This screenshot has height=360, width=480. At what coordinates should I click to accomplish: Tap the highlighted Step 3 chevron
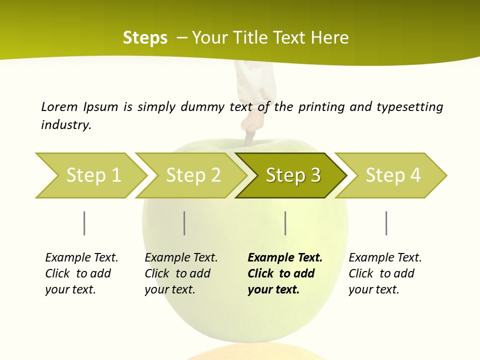(x=292, y=175)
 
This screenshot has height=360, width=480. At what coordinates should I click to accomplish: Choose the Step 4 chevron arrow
(x=392, y=175)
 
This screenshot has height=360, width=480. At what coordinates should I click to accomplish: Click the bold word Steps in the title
(x=145, y=38)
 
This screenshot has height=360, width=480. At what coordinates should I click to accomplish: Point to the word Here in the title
(x=329, y=38)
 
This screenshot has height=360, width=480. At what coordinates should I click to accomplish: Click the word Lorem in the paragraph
(x=59, y=106)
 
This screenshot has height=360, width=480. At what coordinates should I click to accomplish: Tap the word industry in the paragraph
(x=66, y=125)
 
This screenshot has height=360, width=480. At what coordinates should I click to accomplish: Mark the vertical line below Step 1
(x=84, y=223)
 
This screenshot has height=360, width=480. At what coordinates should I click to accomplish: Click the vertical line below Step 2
(x=184, y=223)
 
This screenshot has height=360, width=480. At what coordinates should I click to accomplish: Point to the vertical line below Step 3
(x=285, y=223)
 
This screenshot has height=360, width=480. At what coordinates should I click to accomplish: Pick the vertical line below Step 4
(x=386, y=223)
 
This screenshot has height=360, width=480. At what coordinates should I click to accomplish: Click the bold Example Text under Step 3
(x=285, y=258)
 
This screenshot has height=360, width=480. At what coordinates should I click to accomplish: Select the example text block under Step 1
(x=81, y=273)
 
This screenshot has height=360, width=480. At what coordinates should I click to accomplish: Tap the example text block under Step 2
(x=181, y=273)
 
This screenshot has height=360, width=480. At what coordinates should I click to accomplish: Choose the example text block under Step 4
(x=385, y=273)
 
